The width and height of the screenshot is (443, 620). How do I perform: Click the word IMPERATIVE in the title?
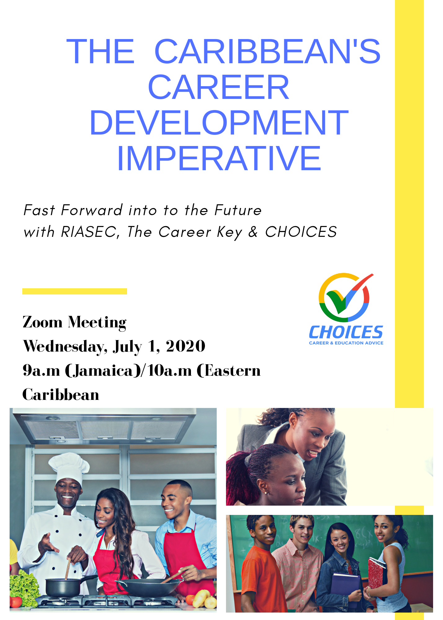point(219,158)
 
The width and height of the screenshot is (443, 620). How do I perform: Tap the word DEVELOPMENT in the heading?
point(219,123)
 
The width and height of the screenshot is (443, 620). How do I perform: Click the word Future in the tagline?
point(238,210)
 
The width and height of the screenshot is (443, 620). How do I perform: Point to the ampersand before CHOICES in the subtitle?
point(253,232)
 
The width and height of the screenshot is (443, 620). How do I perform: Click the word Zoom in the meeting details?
point(43,322)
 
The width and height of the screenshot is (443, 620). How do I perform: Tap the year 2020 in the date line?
point(185,346)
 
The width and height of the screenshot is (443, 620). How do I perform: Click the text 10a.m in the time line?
point(169,370)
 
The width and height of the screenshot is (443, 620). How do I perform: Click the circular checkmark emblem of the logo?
point(345,297)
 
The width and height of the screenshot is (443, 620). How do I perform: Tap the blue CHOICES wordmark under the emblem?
point(346,332)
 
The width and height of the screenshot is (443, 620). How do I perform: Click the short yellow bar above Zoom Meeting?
point(75,291)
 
